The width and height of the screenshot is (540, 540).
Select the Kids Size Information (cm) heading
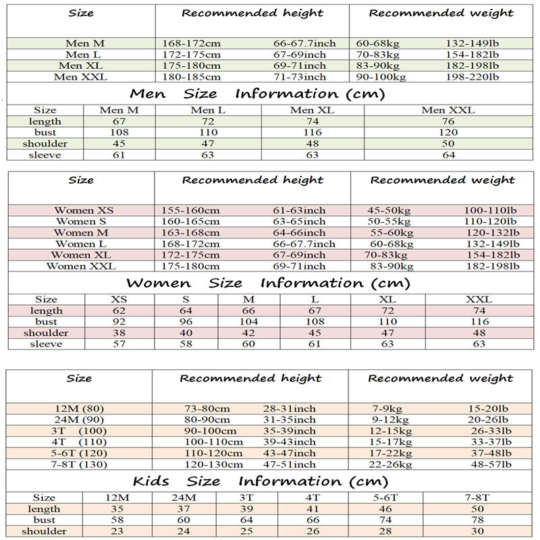click(261, 481)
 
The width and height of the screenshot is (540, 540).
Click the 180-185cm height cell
click(192, 77)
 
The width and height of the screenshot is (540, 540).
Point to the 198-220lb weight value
click(472, 77)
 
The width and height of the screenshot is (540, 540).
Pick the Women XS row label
click(84, 211)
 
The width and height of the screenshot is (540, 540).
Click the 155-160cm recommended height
click(190, 211)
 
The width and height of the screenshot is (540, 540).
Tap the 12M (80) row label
click(79, 409)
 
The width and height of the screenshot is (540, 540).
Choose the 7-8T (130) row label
click(79, 464)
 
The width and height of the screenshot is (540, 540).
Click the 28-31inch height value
click(290, 409)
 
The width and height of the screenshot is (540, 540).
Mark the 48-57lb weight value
click(490, 464)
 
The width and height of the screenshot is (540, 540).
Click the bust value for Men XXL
click(448, 132)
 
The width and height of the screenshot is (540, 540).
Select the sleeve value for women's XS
click(119, 344)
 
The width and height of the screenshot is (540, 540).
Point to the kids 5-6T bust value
click(385, 520)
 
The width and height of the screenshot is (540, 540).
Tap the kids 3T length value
click(247, 509)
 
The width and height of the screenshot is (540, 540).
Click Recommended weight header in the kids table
click(440, 378)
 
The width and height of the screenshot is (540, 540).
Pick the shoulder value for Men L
click(208, 144)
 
